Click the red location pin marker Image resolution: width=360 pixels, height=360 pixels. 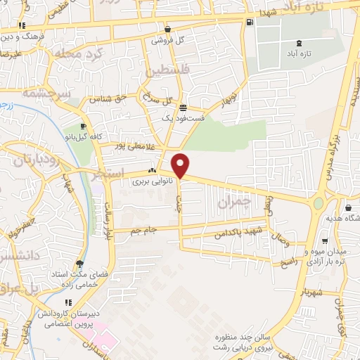point(181,165)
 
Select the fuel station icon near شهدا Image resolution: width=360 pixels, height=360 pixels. point(249,22)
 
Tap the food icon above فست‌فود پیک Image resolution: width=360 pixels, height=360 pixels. point(183,108)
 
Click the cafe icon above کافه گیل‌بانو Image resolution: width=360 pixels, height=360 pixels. point(84,127)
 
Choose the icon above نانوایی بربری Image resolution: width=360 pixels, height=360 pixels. point(152,170)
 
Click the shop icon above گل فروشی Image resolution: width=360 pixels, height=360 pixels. point(168,30)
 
